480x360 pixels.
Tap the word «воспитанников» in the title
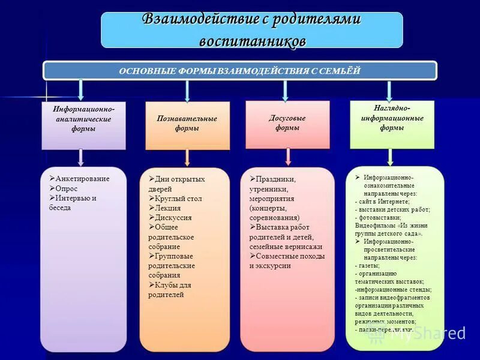[x=252, y=40]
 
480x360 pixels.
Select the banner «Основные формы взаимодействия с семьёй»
[x=239, y=71]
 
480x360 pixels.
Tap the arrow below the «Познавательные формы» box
[x=187, y=157]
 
